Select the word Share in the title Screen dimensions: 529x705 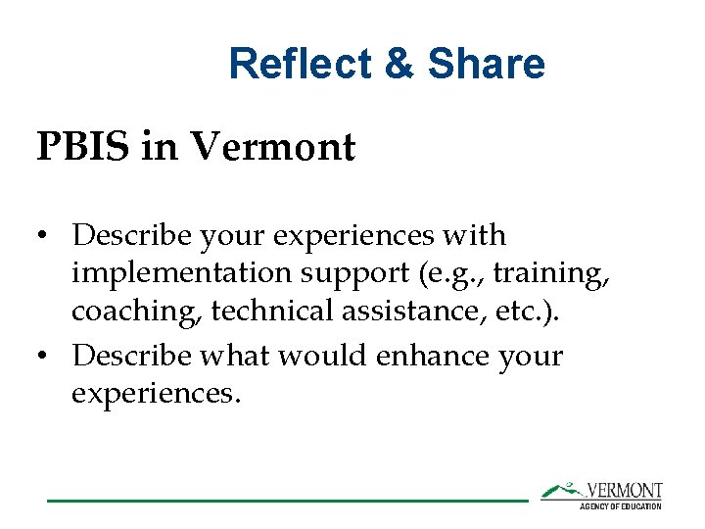[x=487, y=65]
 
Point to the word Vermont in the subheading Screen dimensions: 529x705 [x=273, y=148]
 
